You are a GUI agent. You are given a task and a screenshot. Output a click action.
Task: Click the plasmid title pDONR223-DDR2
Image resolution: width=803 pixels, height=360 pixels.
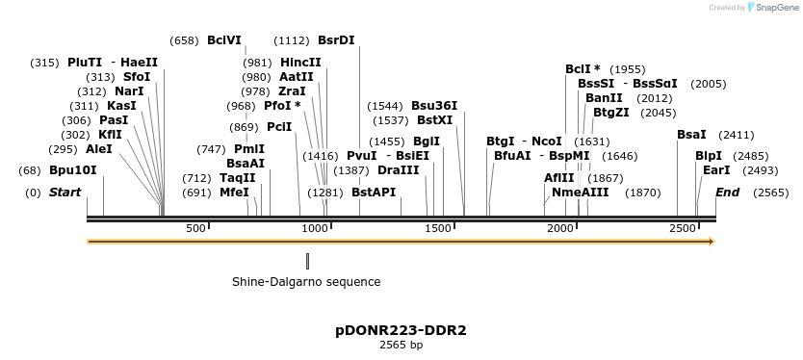[x=401, y=330]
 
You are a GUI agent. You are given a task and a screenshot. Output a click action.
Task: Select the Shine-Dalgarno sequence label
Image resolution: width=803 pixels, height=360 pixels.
[x=306, y=282]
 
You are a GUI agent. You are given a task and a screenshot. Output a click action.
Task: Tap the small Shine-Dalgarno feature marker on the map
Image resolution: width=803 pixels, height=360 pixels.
[x=307, y=260]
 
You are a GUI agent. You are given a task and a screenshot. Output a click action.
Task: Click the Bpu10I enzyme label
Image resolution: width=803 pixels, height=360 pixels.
[x=73, y=170]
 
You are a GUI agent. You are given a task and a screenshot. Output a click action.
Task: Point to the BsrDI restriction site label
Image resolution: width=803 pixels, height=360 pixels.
[x=336, y=40]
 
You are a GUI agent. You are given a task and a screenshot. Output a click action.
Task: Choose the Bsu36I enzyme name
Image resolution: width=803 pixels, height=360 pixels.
[x=434, y=106]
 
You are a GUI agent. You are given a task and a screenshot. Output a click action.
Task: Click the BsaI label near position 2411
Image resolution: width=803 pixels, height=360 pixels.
[x=691, y=135]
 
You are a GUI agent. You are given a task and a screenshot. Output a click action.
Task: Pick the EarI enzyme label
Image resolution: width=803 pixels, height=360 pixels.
[x=716, y=170]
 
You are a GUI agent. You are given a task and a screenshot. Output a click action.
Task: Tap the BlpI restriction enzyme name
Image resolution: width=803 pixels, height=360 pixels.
[x=709, y=155]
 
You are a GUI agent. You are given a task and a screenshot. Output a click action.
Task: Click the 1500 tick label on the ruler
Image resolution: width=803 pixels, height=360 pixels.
[x=438, y=228]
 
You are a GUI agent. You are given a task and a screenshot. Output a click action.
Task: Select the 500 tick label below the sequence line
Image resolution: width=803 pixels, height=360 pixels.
[x=195, y=228]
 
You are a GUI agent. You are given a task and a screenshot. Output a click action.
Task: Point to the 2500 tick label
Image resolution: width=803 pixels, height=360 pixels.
[x=682, y=228]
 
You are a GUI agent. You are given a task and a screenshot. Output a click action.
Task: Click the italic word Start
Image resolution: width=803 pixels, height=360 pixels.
[x=65, y=193]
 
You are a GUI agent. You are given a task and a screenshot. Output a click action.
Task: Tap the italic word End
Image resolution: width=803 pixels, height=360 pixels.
[x=727, y=193]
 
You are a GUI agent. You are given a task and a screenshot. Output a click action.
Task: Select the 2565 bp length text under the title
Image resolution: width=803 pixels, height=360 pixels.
[x=401, y=345]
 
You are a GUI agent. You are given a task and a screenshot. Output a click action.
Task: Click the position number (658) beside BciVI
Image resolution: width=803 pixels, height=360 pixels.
[x=184, y=40]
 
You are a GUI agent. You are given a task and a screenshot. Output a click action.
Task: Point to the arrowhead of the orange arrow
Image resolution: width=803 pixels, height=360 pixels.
[x=712, y=242]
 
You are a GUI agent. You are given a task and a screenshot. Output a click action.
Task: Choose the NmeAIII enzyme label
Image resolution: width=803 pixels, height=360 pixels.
[x=581, y=193]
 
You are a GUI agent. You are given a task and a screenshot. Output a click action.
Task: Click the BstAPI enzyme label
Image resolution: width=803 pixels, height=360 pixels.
[x=374, y=193]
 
